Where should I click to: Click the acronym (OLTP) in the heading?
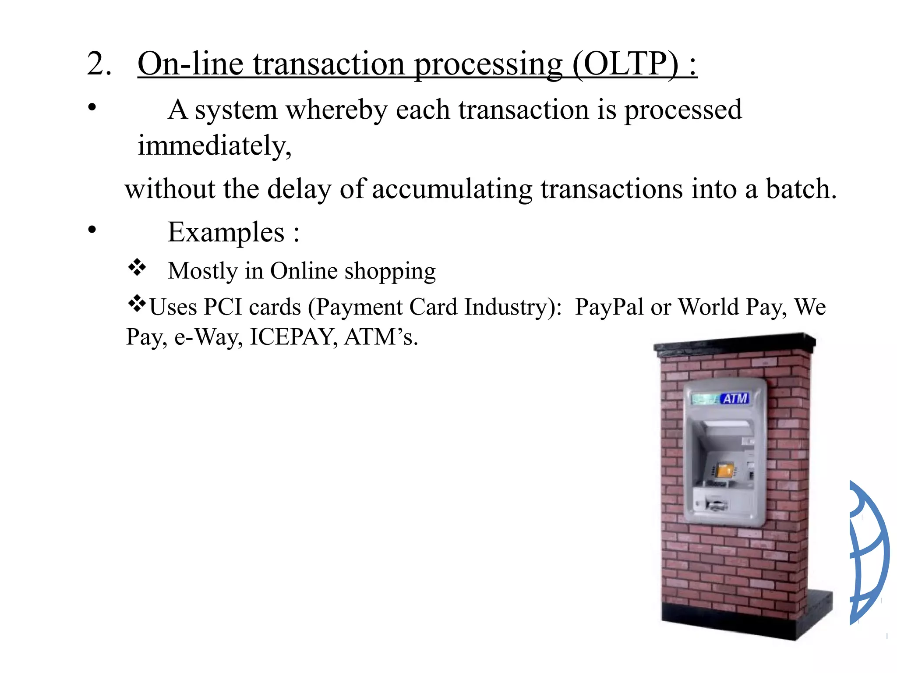tap(626, 64)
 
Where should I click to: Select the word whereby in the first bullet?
tap(336, 110)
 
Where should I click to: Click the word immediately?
tap(215, 146)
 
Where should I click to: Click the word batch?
tap(801, 189)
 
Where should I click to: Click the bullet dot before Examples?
tap(92, 230)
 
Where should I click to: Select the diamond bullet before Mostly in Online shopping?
tap(137, 267)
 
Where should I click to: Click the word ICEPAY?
tap(293, 337)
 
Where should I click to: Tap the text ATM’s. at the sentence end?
tap(381, 337)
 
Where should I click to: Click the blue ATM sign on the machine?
tap(735, 399)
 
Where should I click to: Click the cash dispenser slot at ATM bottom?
tap(716, 505)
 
